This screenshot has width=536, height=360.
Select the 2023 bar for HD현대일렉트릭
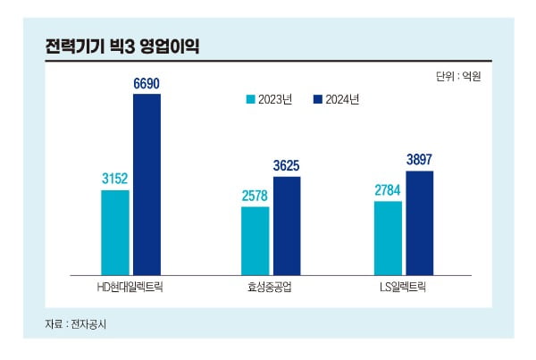pyautogui.click(x=115, y=231)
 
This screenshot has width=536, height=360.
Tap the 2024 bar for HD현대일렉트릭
pyautogui.click(x=147, y=183)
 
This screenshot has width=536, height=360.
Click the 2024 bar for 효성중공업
pyautogui.click(x=287, y=224)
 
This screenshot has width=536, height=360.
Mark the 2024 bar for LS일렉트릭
pyautogui.click(x=420, y=222)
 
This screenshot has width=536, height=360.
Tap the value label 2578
pyautogui.click(x=255, y=196)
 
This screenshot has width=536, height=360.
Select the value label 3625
pyautogui.click(x=287, y=165)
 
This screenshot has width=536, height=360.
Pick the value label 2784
pyautogui.click(x=388, y=190)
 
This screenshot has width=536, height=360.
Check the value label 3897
pyautogui.click(x=420, y=160)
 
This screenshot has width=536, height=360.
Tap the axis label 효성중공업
pyautogui.click(x=271, y=288)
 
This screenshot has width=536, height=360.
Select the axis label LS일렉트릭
pyautogui.click(x=404, y=288)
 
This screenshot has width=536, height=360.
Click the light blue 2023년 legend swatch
pyautogui.click(x=251, y=99)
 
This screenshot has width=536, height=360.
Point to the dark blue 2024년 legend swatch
pyautogui.click(x=318, y=99)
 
